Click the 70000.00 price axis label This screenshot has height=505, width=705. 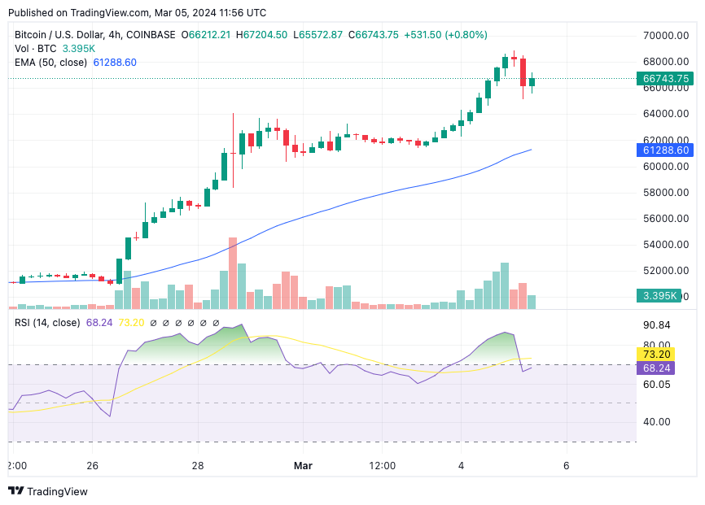pos(665,36)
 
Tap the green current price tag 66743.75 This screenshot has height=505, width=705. pos(665,79)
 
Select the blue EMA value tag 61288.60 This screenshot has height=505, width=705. pos(665,150)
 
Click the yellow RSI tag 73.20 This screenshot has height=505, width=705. pos(655,355)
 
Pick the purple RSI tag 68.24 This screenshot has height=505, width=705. pos(655,368)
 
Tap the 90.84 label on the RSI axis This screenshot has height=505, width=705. pos(655,325)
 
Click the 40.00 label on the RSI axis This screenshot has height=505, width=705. pos(655,422)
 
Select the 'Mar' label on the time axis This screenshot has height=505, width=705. pos(303,466)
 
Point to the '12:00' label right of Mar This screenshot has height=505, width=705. pos(383,466)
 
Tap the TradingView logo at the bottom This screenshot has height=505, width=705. pos(48,491)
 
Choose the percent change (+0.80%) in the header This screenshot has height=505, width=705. pos(466,35)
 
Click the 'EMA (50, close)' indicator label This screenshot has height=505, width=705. pos(50,62)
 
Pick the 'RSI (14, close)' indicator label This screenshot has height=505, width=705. pos(47,323)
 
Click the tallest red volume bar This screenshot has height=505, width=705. pos(233,273)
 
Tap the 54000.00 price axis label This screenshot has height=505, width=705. pos(665,245)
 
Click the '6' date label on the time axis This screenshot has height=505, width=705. pos(566,466)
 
